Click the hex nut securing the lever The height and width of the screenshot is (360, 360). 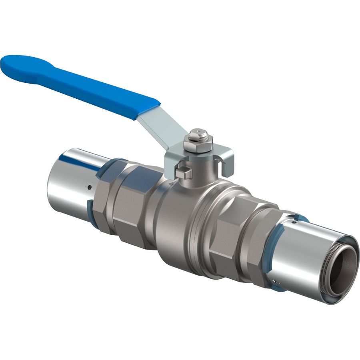point(198,144)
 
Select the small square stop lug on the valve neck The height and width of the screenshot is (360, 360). point(183,173)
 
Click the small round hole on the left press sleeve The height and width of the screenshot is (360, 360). point(90,187)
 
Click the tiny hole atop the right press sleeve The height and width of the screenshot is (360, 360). point(295,220)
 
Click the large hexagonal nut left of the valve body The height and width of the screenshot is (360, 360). point(128,204)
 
